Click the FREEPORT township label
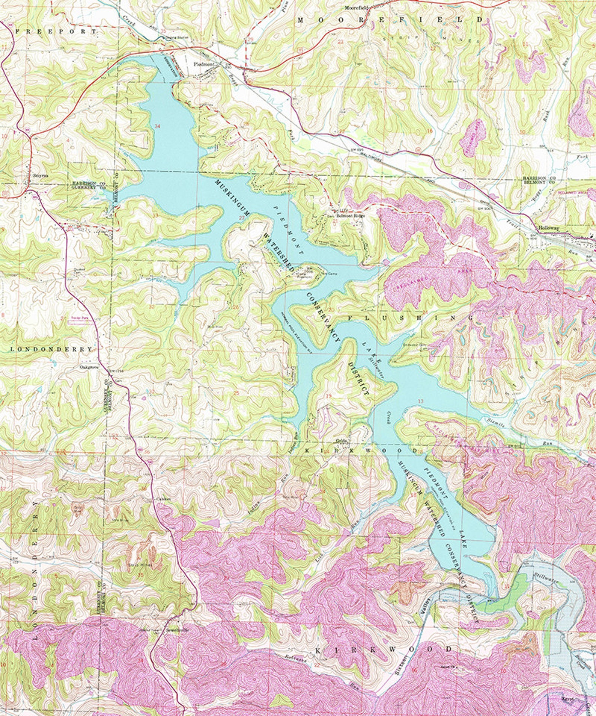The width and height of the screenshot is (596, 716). tap(56, 32)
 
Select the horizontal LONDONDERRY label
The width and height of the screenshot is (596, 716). tap(51, 349)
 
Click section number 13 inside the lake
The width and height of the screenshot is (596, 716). tap(421, 401)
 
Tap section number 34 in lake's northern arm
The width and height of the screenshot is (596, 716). tap(157, 127)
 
